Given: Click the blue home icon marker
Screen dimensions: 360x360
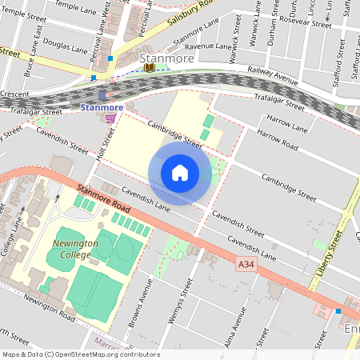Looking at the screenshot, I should (x=180, y=172).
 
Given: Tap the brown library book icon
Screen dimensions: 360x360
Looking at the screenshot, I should (x=150, y=68).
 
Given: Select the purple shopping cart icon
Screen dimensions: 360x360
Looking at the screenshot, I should (x=110, y=118).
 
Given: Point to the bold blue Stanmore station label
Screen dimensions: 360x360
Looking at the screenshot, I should (x=102, y=106).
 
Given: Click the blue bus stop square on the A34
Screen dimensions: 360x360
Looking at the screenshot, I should (x=338, y=310).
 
